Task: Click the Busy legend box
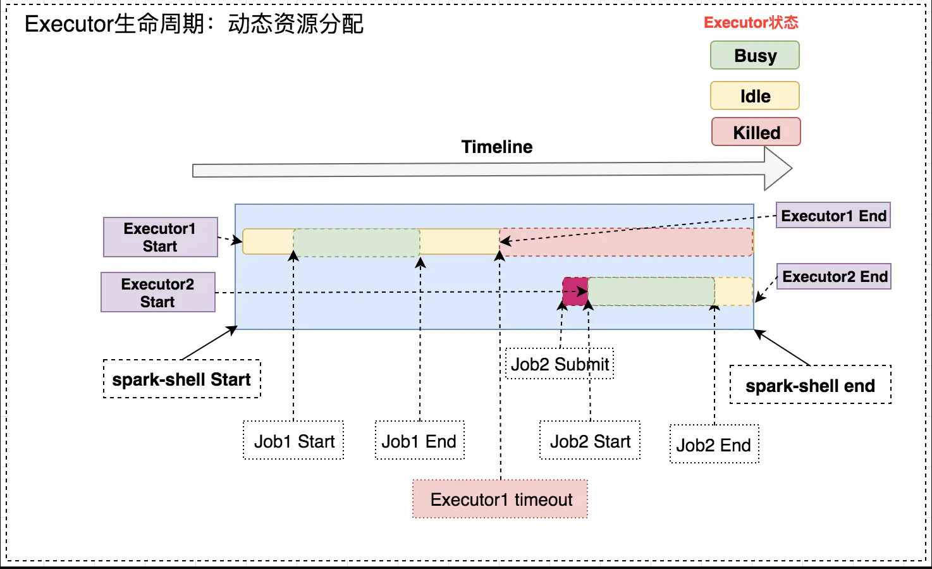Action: tap(755, 55)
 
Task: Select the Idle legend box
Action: tap(755, 95)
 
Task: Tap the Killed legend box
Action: tap(756, 132)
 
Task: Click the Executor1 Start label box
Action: tap(161, 237)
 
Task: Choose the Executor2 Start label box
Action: tap(158, 292)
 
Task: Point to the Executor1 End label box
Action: tap(833, 215)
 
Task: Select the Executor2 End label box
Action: tap(834, 276)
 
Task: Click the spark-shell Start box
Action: tap(182, 379)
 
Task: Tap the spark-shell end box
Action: tap(811, 385)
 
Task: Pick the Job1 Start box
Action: tap(293, 440)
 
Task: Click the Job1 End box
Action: tap(420, 440)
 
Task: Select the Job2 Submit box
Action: tap(560, 364)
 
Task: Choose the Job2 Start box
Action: tap(590, 440)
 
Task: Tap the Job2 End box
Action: tap(714, 444)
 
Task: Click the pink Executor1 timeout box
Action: tap(500, 499)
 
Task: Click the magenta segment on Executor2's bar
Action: tap(575, 291)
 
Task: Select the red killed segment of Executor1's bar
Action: tap(627, 242)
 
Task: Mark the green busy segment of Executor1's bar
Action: tap(357, 243)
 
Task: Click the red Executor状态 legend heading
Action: tap(751, 23)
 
